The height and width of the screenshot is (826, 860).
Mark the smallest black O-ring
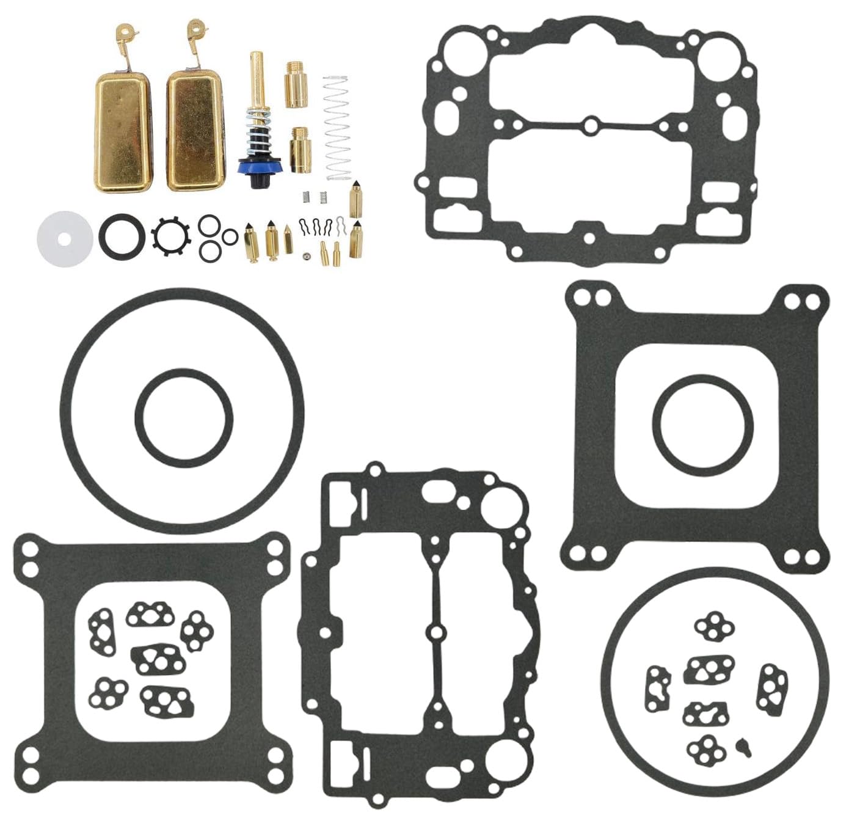pyautogui.click(x=230, y=236)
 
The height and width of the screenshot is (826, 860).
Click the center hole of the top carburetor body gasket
pyautogui.click(x=590, y=126)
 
